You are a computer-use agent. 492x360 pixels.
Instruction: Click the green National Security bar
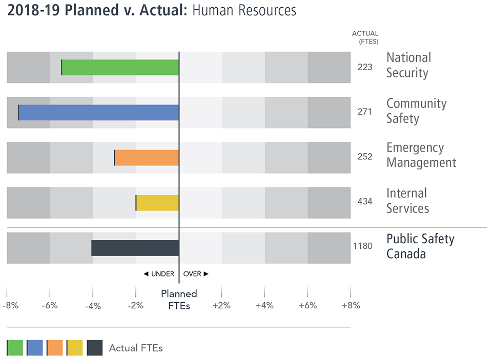coord(120,68)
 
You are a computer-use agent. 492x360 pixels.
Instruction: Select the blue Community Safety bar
coord(98,113)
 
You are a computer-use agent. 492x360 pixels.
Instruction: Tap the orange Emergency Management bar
coord(147,158)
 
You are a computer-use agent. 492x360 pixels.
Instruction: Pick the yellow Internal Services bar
coord(157,203)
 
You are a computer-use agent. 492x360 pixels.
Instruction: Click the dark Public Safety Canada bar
coord(135,248)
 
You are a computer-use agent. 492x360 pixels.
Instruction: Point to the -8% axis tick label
coord(11,306)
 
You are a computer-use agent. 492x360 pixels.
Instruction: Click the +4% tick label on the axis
coord(265,306)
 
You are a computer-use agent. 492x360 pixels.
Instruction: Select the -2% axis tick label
coord(136,306)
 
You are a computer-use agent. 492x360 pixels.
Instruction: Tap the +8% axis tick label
coord(351,306)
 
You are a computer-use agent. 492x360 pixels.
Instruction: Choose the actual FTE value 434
coord(365,201)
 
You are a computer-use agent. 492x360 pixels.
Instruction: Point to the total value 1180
coord(363,246)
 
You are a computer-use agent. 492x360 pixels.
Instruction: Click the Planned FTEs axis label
coord(179,300)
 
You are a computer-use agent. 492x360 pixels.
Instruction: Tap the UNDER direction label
coord(159,274)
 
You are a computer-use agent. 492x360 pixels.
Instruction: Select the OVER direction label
coord(196,274)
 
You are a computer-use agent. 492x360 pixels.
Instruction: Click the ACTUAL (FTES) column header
coord(365,37)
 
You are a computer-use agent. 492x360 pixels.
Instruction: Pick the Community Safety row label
coord(416,111)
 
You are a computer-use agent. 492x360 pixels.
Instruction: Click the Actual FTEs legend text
coord(135,348)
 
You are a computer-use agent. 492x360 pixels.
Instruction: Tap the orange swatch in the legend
coord(54,348)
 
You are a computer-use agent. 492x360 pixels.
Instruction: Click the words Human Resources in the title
coord(244,11)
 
